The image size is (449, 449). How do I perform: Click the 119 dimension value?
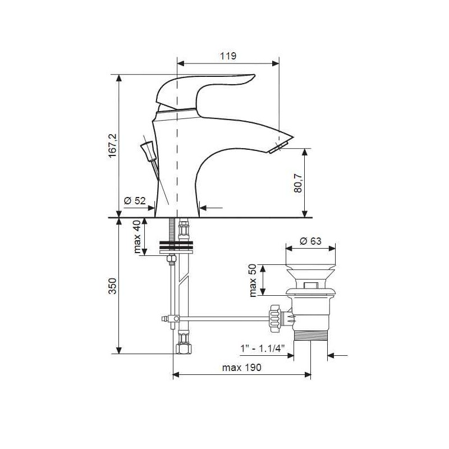coord(228,56)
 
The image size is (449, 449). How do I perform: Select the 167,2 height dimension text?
coord(113,145)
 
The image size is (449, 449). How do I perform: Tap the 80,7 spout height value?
coord(298,183)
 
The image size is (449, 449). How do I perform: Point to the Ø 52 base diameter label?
coord(135,201)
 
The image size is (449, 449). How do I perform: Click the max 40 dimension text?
coord(137,236)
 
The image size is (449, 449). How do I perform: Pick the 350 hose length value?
coord(113,286)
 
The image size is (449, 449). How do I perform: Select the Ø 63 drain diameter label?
coord(310,241)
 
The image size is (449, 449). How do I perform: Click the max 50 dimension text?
coord(253,280)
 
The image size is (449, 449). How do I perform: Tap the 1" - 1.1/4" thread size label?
coord(262,349)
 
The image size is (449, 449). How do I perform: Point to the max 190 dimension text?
coord(242,368)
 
